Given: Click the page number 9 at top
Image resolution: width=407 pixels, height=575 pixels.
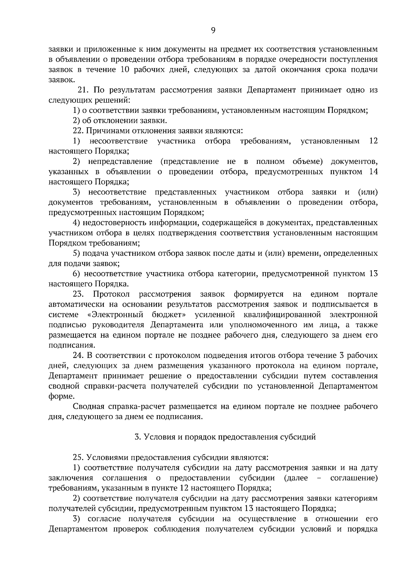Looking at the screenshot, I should [213, 30].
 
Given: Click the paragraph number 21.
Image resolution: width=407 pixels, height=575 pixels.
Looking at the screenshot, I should [83, 90].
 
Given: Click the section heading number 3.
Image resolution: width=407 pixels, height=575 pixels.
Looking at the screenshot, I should [137, 437].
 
